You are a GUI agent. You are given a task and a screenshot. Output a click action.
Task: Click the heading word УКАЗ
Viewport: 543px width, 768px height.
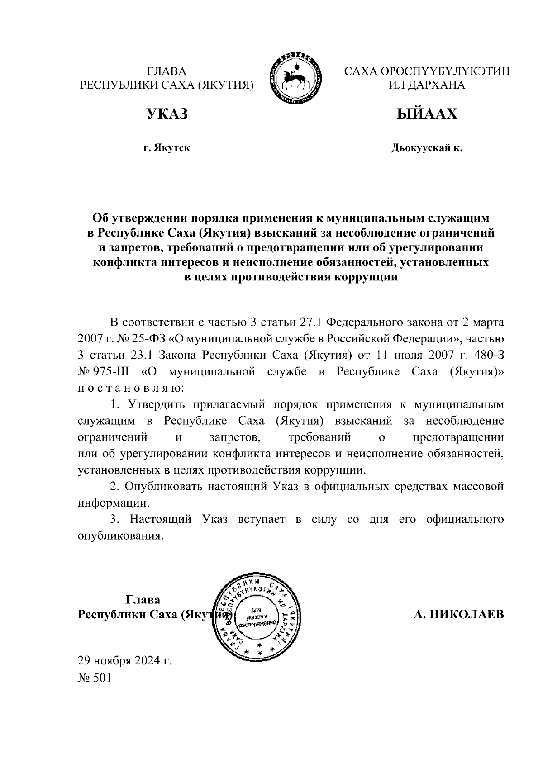tap(167, 114)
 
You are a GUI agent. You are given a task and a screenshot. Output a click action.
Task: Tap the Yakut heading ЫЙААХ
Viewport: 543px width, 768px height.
tap(427, 114)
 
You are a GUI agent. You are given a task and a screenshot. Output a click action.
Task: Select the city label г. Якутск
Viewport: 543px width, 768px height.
tap(167, 148)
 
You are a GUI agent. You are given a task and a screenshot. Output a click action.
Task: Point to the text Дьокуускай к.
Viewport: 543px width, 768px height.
tap(427, 148)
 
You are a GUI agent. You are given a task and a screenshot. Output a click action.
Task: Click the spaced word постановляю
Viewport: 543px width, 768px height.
tap(131, 388)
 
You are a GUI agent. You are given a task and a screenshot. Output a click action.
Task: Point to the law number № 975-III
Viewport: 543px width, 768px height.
tap(104, 372)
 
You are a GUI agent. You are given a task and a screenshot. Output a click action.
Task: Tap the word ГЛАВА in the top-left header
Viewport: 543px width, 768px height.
tap(167, 71)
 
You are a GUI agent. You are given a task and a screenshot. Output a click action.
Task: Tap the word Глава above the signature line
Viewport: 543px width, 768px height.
tap(143, 600)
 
